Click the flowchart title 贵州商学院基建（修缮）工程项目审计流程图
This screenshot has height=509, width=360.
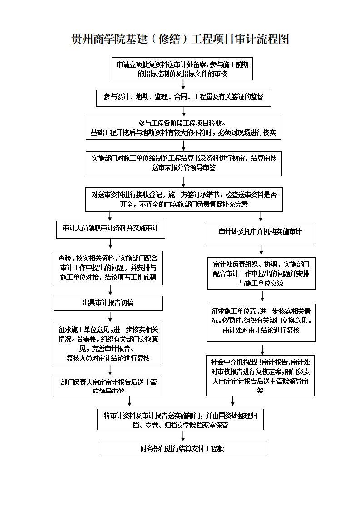coord(180,39)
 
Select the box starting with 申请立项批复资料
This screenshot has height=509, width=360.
coord(182,69)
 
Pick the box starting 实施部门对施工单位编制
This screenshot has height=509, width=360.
coord(184,163)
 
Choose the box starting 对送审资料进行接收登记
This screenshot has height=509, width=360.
coord(184,200)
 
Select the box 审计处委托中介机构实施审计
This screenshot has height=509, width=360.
coord(261,232)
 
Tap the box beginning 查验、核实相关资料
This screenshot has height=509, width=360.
coord(108,268)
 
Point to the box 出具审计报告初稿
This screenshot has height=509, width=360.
coord(108,303)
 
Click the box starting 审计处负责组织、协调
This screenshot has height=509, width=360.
coord(261,274)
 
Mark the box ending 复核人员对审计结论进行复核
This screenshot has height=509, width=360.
coord(108,343)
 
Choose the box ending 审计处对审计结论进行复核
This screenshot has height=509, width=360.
coord(261,323)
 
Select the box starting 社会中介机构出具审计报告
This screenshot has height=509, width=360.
coord(260,375)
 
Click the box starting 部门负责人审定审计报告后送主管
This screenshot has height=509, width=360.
coord(108,385)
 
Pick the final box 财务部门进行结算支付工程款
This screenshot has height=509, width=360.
coord(182,449)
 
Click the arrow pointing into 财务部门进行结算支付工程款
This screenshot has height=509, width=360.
coord(183,436)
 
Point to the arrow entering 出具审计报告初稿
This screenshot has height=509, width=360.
coord(110,290)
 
